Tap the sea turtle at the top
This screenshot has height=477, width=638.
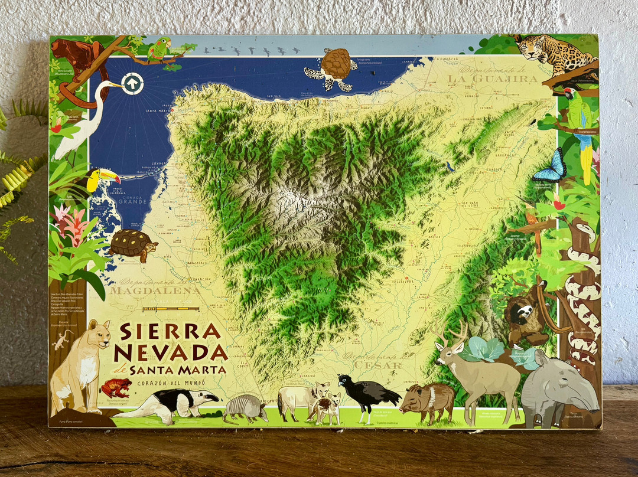pyautogui.click(x=333, y=70)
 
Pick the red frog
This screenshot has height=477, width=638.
pyautogui.click(x=116, y=388)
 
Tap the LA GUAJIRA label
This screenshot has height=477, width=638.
pyautogui.click(x=492, y=78)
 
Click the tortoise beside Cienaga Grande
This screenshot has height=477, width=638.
pyautogui.click(x=133, y=244)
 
